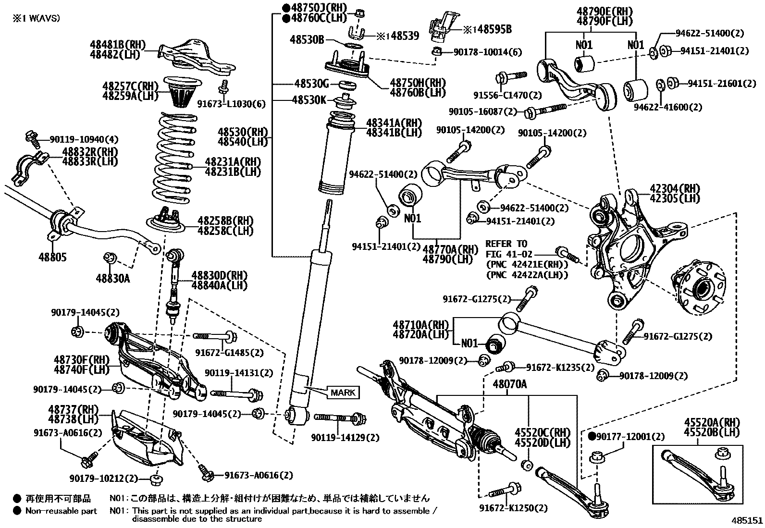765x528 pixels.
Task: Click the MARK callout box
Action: click(x=343, y=393)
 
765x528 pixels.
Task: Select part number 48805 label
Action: click(x=52, y=258)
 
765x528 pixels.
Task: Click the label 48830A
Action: click(x=112, y=278)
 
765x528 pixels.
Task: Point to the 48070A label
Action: click(x=509, y=384)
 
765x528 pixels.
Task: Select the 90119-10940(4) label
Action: click(x=84, y=140)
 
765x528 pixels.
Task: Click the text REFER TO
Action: click(x=506, y=244)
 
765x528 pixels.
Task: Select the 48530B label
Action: click(x=307, y=39)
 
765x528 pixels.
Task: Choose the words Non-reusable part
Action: click(x=61, y=511)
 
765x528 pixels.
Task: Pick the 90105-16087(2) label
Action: click(x=482, y=111)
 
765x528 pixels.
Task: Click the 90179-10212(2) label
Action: click(x=103, y=479)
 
